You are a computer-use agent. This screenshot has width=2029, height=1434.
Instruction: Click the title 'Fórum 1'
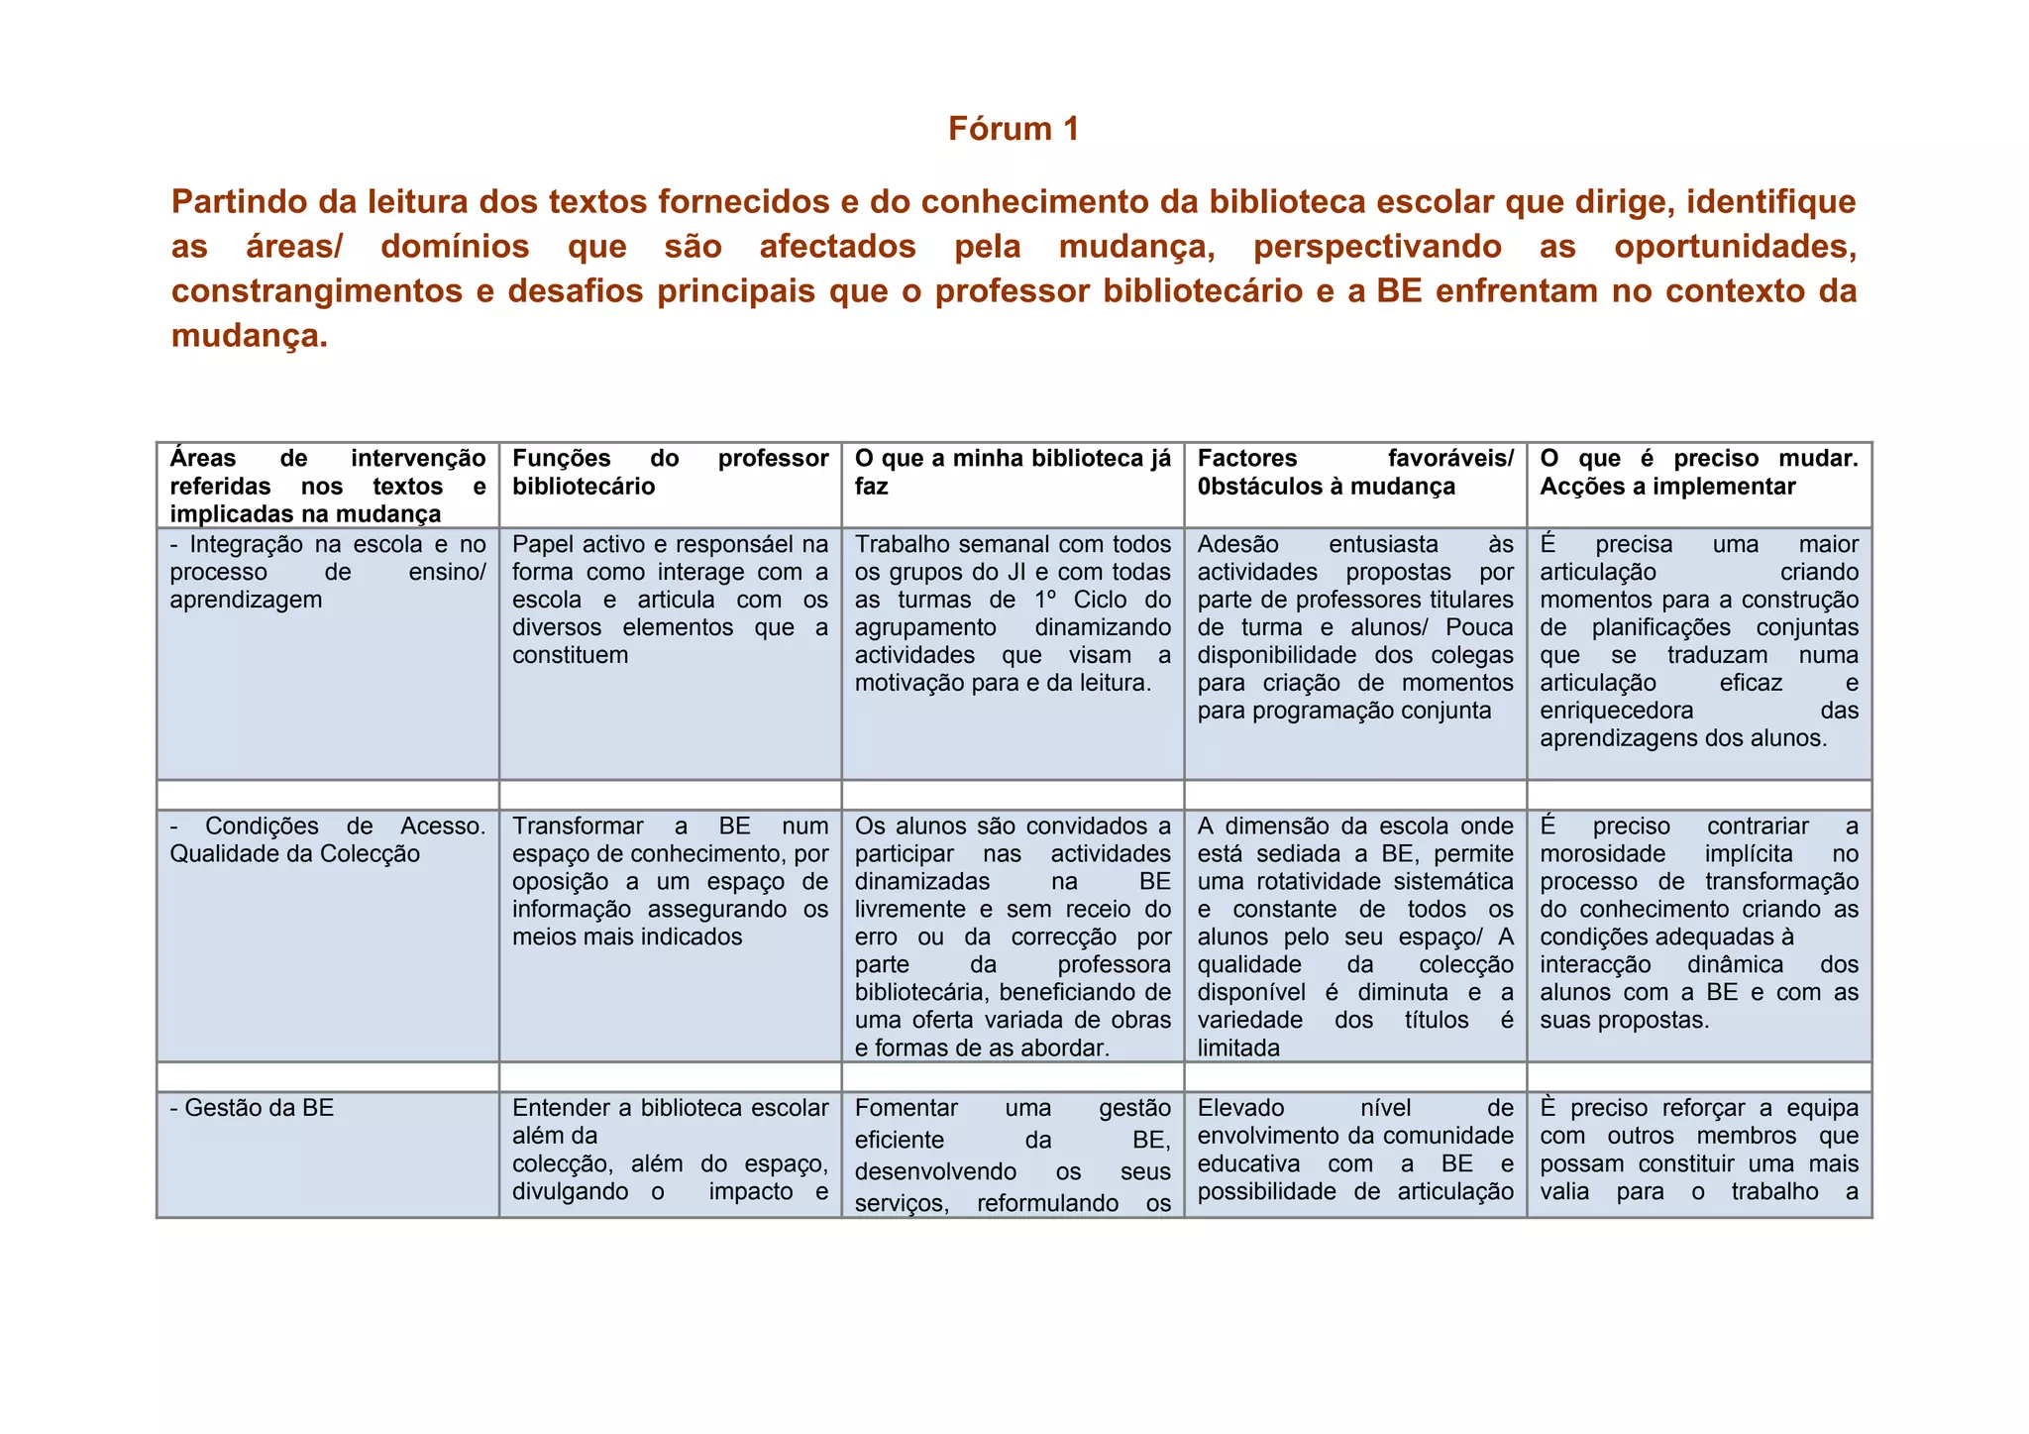coord(1013,129)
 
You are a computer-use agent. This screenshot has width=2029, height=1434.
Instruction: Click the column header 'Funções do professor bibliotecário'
coord(670,472)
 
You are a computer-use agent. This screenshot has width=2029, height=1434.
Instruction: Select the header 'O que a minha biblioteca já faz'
coord(1012,472)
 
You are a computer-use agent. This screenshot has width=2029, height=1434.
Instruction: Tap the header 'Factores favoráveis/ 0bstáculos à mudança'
coord(1354,472)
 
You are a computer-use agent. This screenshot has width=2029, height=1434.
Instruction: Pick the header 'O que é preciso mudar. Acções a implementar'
coord(1698,472)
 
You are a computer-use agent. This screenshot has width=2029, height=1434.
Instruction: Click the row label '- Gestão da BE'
coord(253,1108)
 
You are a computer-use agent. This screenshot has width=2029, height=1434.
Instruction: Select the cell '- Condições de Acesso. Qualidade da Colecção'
coord(327,839)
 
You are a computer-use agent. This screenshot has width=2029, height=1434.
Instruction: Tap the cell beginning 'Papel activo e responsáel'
coord(670,599)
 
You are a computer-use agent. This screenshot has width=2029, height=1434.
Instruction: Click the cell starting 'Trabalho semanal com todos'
coord(1012,612)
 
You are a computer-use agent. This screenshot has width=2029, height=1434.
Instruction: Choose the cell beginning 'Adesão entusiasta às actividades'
coord(1354,626)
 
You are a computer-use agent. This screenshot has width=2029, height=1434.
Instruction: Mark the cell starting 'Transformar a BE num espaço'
coord(670,881)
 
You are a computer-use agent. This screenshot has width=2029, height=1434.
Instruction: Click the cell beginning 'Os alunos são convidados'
coord(1012,937)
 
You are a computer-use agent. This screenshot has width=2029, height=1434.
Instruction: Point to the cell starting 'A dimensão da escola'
coord(1354,937)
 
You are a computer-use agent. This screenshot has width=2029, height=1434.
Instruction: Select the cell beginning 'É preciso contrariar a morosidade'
coord(1698,923)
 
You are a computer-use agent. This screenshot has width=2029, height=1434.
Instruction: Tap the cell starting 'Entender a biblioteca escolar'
coord(670,1150)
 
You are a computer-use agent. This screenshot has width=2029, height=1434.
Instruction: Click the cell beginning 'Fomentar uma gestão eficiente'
coord(1012,1155)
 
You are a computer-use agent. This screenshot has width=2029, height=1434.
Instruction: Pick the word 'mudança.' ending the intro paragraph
coord(249,336)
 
